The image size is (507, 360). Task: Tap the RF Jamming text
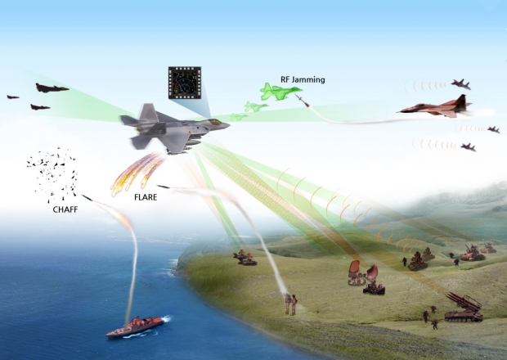click(x=303, y=79)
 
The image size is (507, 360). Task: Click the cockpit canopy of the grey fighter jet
click(x=213, y=123)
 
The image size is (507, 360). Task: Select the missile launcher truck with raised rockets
click(x=464, y=308)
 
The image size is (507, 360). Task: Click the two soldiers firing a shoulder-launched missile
click(x=290, y=304)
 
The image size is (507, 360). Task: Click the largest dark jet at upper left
click(x=52, y=88)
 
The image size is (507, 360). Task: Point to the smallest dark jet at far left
click(x=13, y=97)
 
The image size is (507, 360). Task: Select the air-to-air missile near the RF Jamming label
click(x=303, y=101)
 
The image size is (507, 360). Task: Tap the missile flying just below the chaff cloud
click(x=87, y=196)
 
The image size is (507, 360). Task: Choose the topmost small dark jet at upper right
click(x=461, y=83)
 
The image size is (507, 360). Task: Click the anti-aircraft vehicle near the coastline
click(x=245, y=259)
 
